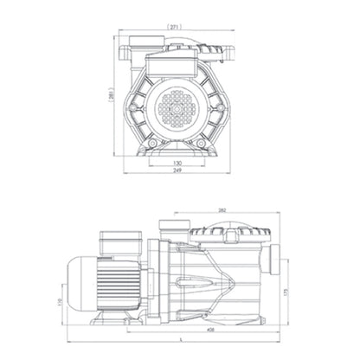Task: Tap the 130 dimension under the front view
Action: point(178,163)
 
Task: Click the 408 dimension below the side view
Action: point(210,331)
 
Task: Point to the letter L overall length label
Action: point(179,340)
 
